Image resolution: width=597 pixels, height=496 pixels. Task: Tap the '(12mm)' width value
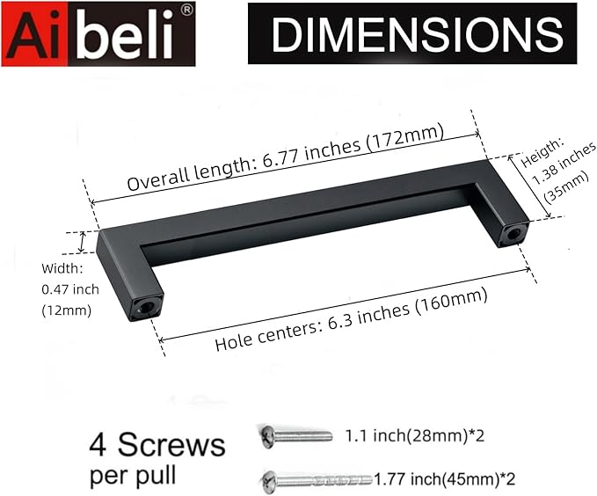point(66,310)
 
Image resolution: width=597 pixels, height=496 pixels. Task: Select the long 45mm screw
point(317,479)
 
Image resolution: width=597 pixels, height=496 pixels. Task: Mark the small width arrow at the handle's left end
point(84,242)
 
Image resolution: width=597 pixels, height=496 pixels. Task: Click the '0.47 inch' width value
point(70,288)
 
